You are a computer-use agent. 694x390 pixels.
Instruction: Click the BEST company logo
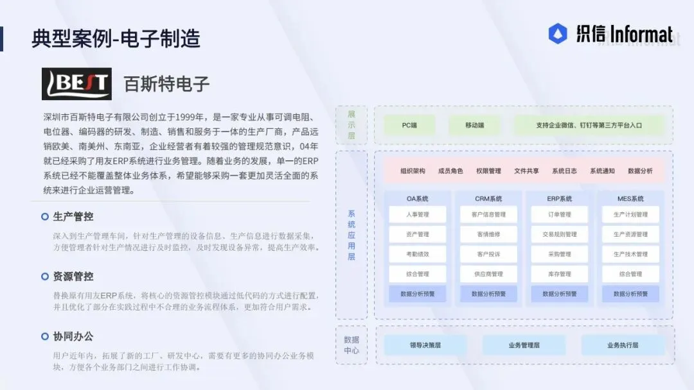click(76, 84)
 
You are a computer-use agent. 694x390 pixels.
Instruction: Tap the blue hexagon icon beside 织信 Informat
click(557, 34)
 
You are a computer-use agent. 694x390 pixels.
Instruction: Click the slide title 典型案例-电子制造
click(116, 38)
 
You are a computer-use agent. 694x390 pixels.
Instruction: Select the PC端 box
click(409, 125)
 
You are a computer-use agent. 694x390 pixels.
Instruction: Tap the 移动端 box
click(474, 125)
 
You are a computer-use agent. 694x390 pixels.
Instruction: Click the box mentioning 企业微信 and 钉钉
click(589, 125)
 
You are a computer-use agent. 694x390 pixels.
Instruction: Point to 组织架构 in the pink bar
click(413, 171)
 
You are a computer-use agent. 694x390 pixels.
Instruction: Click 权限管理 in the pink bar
click(488, 171)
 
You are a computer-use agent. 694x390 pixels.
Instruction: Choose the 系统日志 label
click(564, 171)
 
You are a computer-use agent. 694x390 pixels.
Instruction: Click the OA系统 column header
click(418, 199)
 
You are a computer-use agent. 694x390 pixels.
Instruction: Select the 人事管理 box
click(418, 215)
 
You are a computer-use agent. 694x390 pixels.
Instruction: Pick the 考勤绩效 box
click(418, 255)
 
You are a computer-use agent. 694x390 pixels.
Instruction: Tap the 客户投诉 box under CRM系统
click(488, 255)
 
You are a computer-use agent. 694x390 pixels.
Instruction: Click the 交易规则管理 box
click(559, 235)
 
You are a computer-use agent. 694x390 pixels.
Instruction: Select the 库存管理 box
click(559, 275)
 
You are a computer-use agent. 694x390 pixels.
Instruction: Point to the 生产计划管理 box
click(630, 215)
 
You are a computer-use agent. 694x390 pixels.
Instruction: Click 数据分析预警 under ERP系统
click(559, 294)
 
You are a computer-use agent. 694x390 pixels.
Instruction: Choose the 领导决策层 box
click(425, 345)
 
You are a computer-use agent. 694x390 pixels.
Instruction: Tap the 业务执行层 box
click(623, 345)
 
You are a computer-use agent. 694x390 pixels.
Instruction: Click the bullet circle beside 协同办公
click(45, 336)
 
